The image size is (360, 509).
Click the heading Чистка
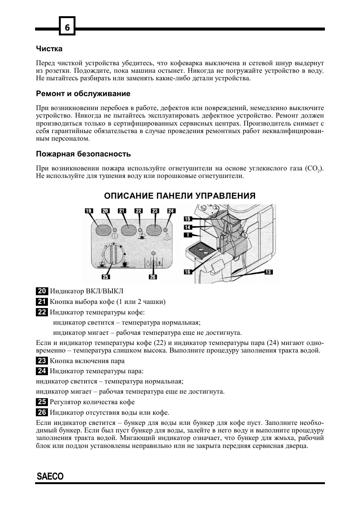pos(49,49)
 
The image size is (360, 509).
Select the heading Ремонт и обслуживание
pos(83,94)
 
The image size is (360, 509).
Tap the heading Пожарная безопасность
pos(83,154)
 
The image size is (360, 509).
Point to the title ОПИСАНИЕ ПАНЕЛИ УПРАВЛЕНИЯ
pos(180,196)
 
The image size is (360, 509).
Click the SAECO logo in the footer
pos(50,476)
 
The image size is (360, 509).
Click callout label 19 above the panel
pos(89,211)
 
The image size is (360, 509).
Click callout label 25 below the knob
pos(106,277)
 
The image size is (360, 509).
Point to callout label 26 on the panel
pos(152,277)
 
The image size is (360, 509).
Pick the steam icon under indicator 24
pos(166,237)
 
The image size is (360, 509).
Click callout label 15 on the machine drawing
pos(188,219)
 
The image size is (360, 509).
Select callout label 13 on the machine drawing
pos(268,272)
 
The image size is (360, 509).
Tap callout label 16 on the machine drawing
pos(188,272)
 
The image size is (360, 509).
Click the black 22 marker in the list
pos(42,312)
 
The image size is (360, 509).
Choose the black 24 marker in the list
pos(42,371)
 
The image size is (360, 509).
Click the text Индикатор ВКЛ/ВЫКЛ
pos(86,291)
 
